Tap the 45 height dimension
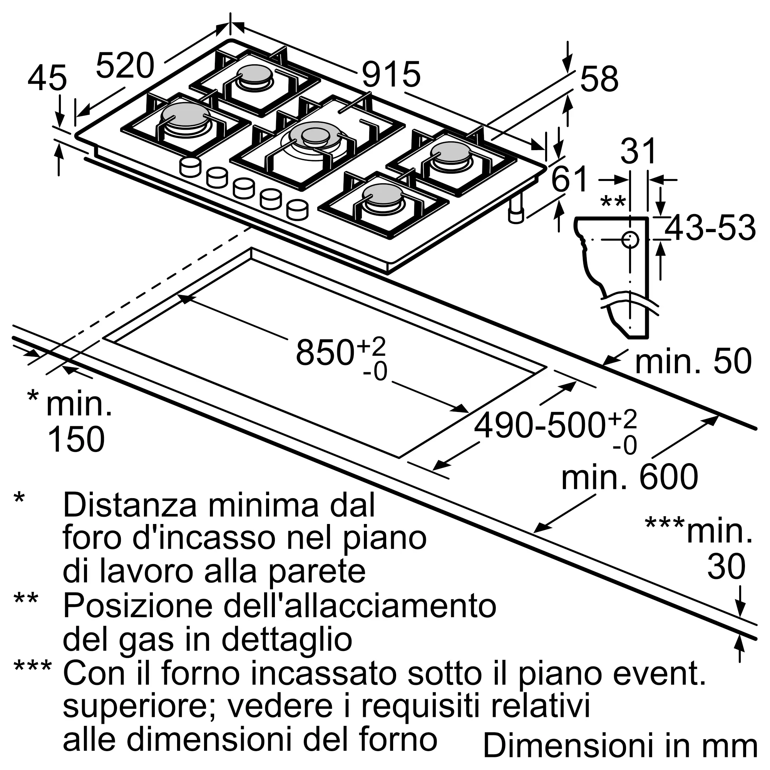[47, 78]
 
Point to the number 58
[599, 79]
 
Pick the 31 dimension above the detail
[638, 151]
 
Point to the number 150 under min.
[76, 439]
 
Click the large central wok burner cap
[315, 135]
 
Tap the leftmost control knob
[190, 167]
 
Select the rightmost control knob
[297, 210]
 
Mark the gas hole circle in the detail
[630, 240]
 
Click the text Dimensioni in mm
[620, 745]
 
